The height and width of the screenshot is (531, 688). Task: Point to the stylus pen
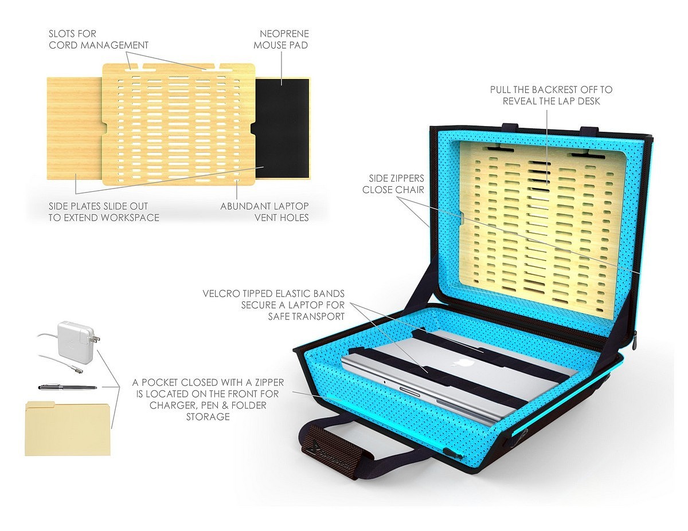68,387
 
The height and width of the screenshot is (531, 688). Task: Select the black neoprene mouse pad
282,128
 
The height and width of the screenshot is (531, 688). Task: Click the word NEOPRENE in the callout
284,34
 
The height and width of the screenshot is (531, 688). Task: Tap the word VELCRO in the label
221,293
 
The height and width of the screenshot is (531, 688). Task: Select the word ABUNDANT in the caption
243,206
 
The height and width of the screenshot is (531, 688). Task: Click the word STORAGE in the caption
208,416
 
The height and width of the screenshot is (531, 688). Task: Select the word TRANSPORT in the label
321,316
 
